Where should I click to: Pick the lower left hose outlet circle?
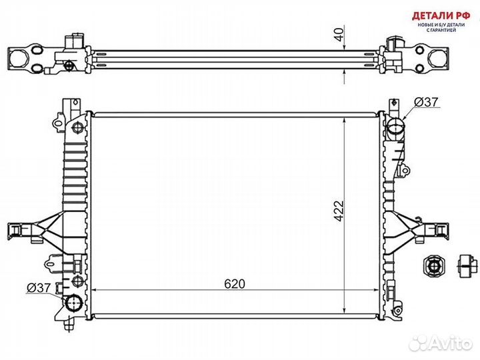click(73, 305)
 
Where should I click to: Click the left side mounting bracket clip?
click(18, 230)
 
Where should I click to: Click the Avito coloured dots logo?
click(419, 342)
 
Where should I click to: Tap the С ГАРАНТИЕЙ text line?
click(439, 31)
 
